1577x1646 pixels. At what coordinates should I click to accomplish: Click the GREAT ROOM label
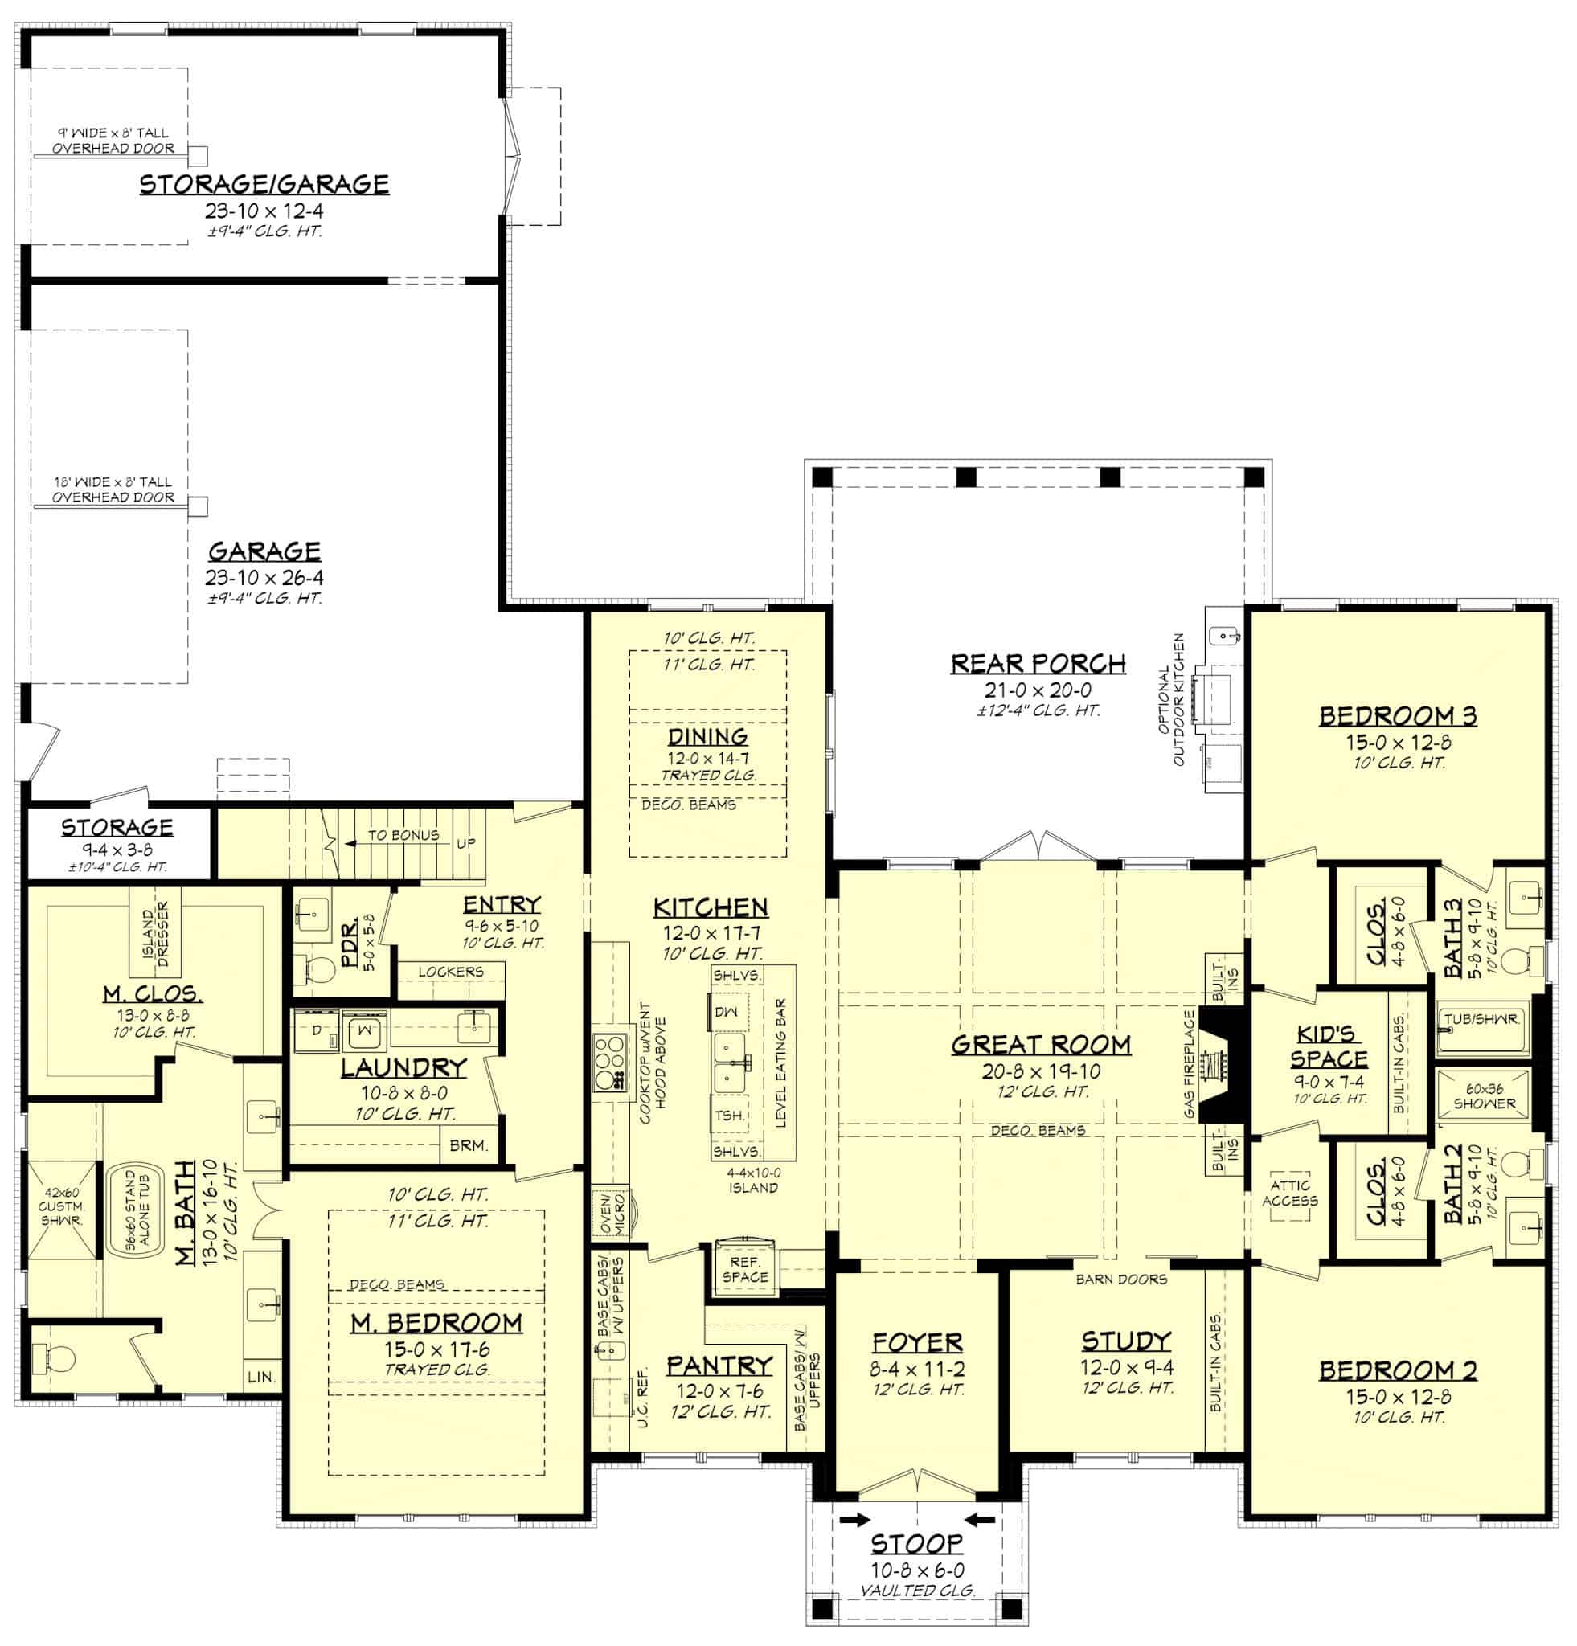[1039, 1045]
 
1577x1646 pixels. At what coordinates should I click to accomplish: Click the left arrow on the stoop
[853, 1519]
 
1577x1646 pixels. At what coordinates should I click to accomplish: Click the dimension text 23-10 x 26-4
[264, 577]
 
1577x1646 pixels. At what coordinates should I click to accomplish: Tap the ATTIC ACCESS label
[1289, 1193]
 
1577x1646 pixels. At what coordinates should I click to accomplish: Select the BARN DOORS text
[1121, 1279]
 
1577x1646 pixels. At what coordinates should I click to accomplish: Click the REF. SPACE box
[744, 1269]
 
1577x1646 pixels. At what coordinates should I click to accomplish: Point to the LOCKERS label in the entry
[450, 971]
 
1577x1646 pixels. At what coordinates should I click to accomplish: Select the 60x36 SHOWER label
[1484, 1097]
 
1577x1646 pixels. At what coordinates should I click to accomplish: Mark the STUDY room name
[1125, 1341]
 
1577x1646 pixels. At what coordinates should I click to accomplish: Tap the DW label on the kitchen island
[726, 1011]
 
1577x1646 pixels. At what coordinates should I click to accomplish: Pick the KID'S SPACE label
[1329, 1046]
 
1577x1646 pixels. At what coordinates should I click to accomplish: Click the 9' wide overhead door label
[113, 140]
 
